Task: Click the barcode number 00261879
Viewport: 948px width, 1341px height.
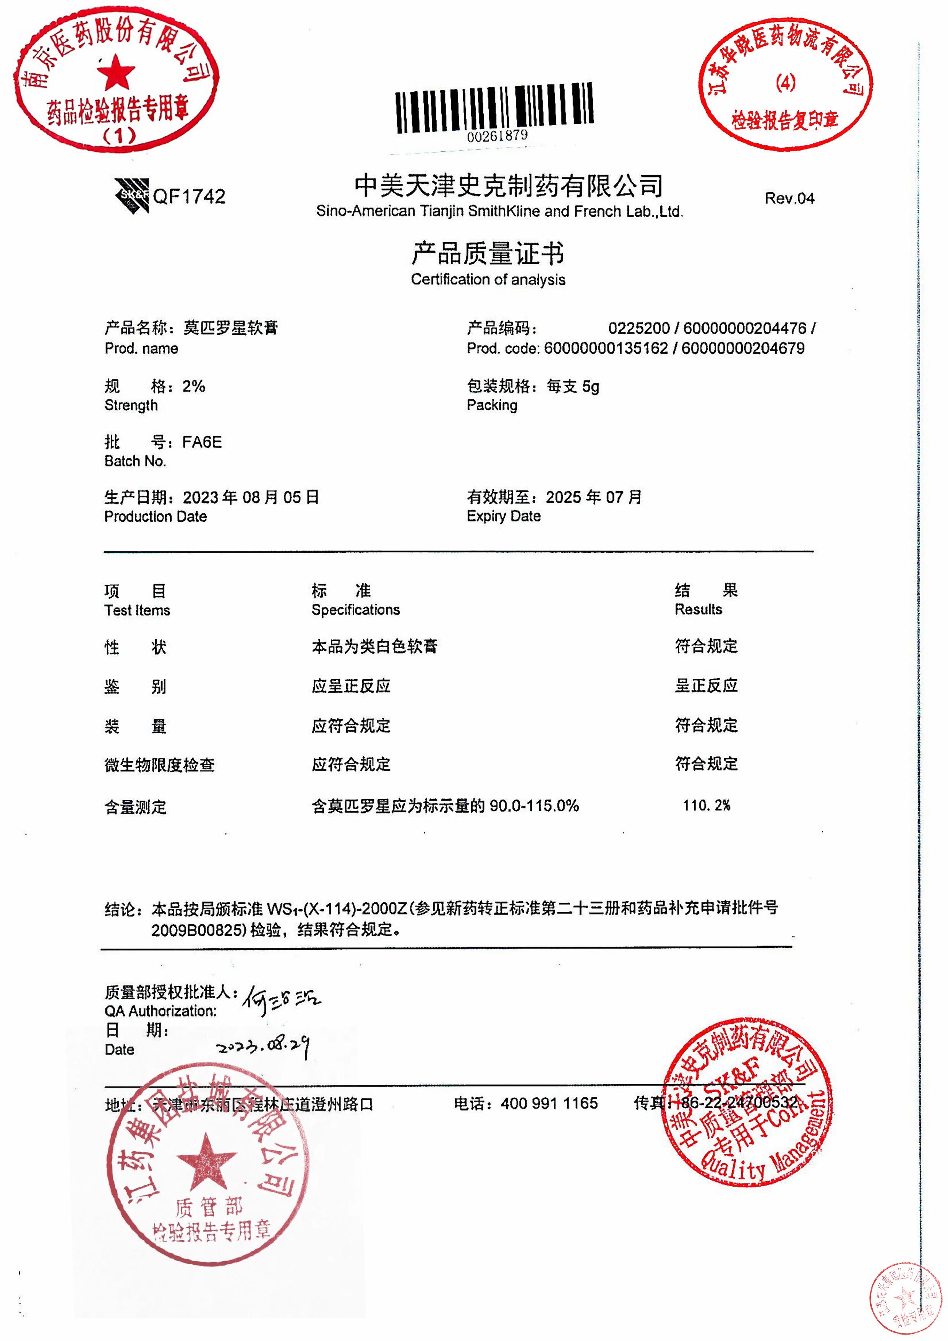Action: [x=497, y=136]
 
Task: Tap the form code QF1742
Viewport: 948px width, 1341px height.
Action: [x=189, y=197]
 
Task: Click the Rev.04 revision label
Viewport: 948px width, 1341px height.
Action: [x=789, y=199]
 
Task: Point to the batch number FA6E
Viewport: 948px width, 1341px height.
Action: [x=202, y=442]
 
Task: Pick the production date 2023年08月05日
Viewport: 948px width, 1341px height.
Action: [x=251, y=498]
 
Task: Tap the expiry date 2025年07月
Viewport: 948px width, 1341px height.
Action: [x=593, y=498]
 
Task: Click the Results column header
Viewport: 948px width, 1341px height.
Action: [x=698, y=610]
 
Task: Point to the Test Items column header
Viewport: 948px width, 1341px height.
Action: [x=137, y=610]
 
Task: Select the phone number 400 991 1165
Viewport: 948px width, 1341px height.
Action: [x=549, y=1103]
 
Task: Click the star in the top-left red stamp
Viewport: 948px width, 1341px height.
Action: [x=116, y=73]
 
